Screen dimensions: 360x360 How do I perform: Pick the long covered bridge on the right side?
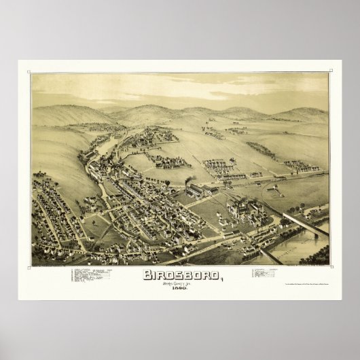pyautogui.click(x=306, y=223)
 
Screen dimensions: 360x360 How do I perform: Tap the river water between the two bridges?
pyautogui.click(x=299, y=245)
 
